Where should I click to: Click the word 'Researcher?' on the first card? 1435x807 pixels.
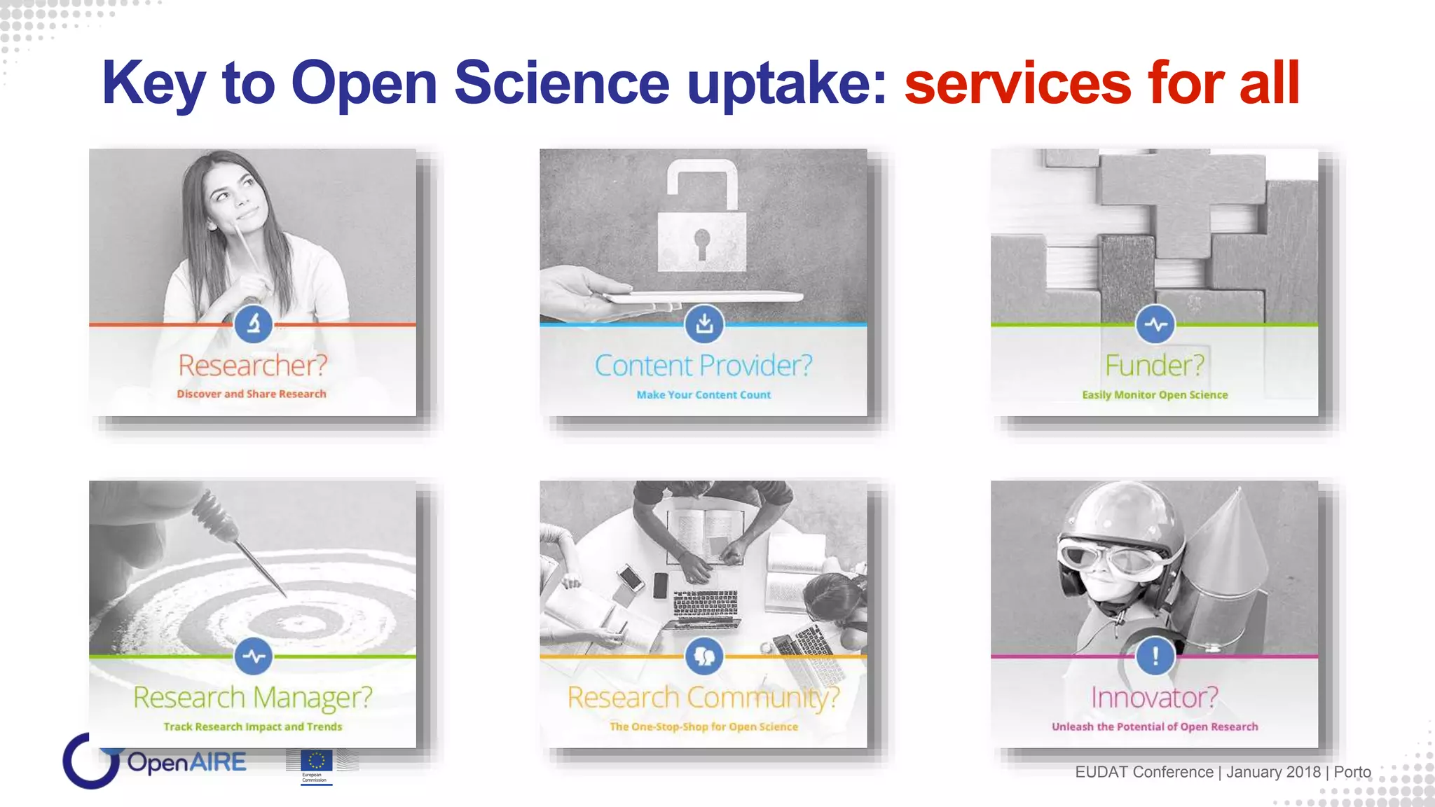(x=252, y=365)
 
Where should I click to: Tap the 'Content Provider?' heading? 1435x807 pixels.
(x=703, y=365)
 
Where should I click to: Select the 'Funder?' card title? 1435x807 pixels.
(x=1155, y=365)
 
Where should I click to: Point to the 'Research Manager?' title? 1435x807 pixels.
(x=252, y=697)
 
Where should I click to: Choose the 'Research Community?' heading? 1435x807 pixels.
(x=703, y=697)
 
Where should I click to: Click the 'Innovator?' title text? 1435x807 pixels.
(x=1155, y=697)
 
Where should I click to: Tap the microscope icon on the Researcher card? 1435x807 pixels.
(x=253, y=324)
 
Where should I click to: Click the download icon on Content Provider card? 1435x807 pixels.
(x=704, y=324)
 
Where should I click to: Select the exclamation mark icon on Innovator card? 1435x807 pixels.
(x=1155, y=656)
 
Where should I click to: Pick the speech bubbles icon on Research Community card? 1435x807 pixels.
(x=703, y=656)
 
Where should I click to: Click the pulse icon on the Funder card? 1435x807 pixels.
(x=1155, y=324)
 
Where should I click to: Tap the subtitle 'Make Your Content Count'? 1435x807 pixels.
(x=703, y=395)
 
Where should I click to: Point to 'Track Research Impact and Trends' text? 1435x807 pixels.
(x=252, y=726)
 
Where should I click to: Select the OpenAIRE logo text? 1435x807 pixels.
(x=186, y=762)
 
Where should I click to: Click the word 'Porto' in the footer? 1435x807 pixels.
(x=1352, y=772)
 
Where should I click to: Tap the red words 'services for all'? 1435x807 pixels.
(x=1101, y=83)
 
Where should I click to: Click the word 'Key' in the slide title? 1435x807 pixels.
(x=153, y=83)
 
